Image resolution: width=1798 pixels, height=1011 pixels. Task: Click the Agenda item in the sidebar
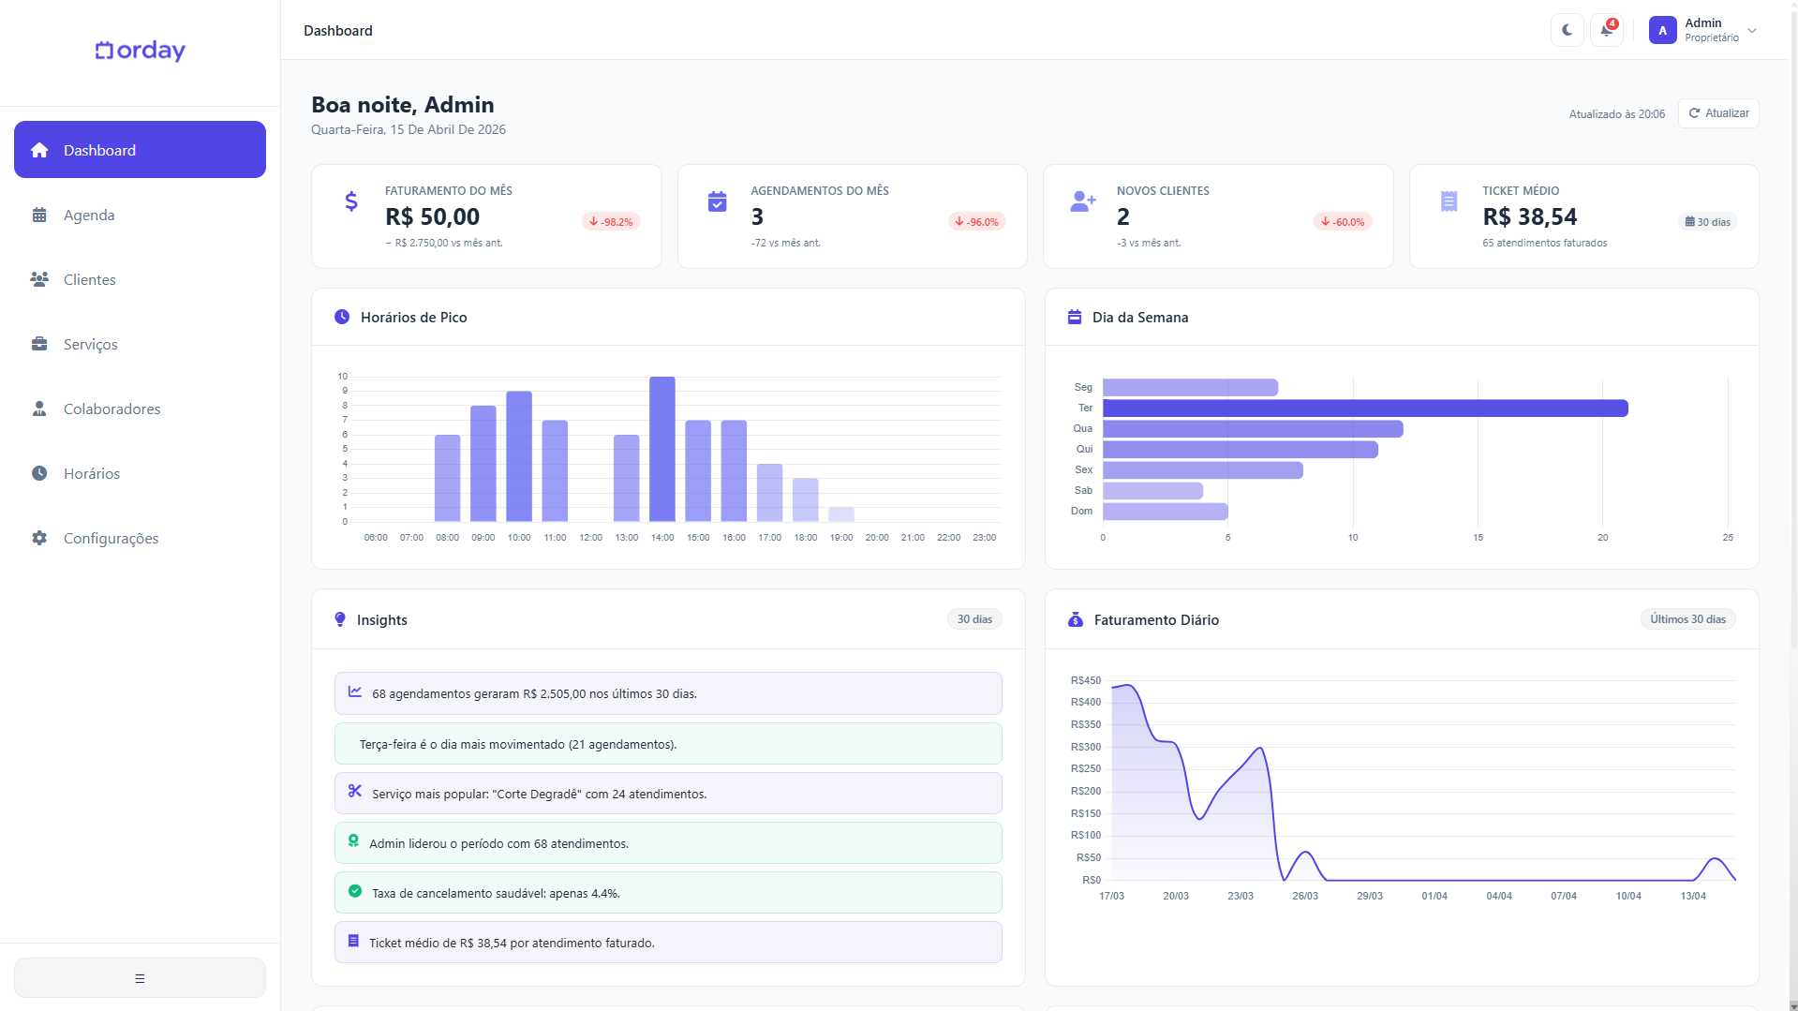pyautogui.click(x=89, y=216)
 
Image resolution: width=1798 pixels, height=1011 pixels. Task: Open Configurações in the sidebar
pyautogui.click(x=111, y=539)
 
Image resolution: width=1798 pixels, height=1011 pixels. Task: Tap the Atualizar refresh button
pyautogui.click(x=1718, y=113)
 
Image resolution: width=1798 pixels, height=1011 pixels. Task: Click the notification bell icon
pyautogui.click(x=1606, y=30)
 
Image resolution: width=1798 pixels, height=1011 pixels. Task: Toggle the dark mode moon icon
pyautogui.click(x=1567, y=30)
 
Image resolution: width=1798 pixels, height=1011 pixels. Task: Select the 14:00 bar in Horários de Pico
pyautogui.click(x=662, y=450)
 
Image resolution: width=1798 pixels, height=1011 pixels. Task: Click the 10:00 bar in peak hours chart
pyautogui.click(x=519, y=456)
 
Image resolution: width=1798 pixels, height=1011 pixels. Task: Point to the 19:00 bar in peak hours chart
pyautogui.click(x=841, y=514)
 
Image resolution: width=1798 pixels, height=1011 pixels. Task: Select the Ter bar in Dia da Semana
pyautogui.click(x=1364, y=409)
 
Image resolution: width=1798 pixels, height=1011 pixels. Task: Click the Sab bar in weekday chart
pyautogui.click(x=1152, y=491)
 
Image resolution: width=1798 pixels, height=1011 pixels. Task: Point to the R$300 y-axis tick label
pyautogui.click(x=1086, y=747)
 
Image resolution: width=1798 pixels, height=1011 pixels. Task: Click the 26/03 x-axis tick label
pyautogui.click(x=1304, y=897)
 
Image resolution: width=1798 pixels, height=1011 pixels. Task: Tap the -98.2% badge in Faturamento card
pyautogui.click(x=611, y=222)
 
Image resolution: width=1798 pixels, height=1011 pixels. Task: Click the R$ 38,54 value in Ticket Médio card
pyautogui.click(x=1529, y=217)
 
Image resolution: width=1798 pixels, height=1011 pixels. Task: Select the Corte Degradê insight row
pyautogui.click(x=668, y=794)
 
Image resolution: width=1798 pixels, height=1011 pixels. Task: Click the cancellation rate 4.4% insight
pyautogui.click(x=668, y=893)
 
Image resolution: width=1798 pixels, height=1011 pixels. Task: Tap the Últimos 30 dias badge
pyautogui.click(x=1687, y=619)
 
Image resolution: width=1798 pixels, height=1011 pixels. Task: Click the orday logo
pyautogui.click(x=141, y=51)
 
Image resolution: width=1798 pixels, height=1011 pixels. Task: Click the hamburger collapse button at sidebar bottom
pyautogui.click(x=140, y=978)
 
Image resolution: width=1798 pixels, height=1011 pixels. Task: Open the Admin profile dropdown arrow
pyautogui.click(x=1752, y=31)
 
